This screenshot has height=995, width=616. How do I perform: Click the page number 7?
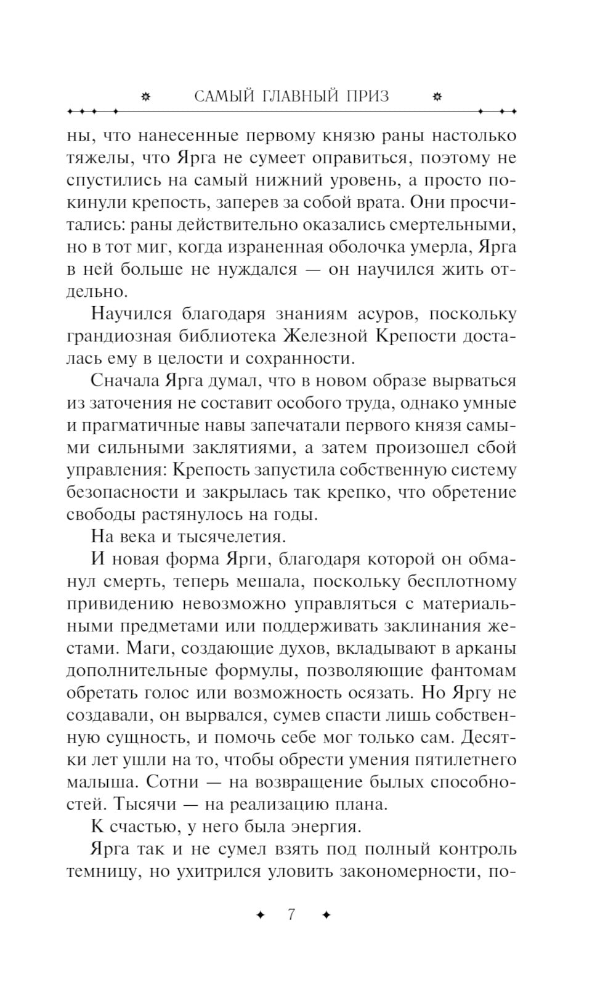[x=291, y=914]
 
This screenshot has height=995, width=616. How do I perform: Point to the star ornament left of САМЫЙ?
[x=146, y=97]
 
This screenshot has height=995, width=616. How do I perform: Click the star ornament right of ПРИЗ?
[x=437, y=97]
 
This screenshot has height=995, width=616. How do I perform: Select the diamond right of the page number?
[x=326, y=916]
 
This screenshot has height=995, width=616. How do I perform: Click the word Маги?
[x=151, y=648]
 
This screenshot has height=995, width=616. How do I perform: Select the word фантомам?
[x=473, y=670]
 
